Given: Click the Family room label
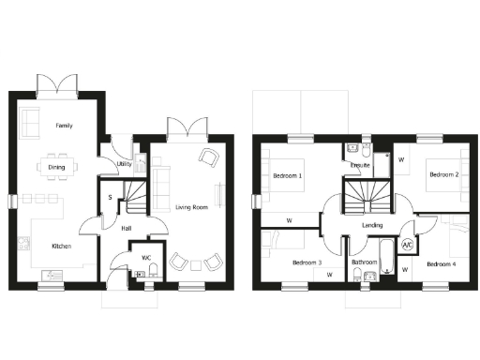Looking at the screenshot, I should pos(64,125).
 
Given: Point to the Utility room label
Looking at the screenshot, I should pos(124,164).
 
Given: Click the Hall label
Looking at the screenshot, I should pos(127,227).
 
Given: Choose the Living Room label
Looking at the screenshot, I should pos(191,207).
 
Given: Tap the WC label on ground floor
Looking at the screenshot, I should pos(146,257).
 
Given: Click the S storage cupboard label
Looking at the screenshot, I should pos(111,198).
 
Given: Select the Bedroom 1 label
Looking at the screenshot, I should pos(287,176).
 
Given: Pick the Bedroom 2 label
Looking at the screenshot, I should pos(443,174).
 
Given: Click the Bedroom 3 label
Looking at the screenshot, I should pos(307,262).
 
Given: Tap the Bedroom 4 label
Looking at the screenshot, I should pos(442,263).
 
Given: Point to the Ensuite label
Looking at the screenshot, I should pos(360,166).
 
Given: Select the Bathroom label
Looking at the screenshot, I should pos(365,262).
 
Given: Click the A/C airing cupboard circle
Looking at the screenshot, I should pos(408,247).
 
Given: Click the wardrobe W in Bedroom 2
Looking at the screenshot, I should pos(401,159).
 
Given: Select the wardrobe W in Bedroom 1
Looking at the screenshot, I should pos(289,221).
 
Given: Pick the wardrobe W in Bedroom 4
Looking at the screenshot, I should pos(406,271).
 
